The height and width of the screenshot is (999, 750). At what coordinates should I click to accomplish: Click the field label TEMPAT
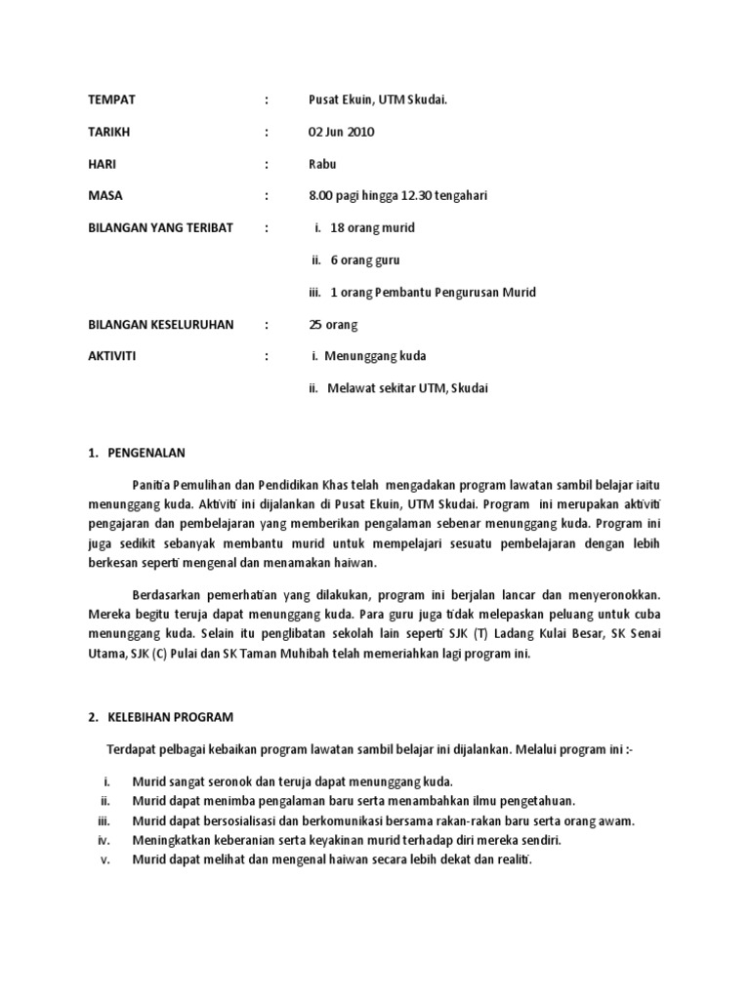[112, 100]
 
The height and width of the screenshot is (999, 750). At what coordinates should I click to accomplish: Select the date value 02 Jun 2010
[341, 132]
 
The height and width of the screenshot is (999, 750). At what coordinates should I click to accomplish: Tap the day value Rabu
[322, 164]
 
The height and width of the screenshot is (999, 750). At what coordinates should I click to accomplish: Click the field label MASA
[106, 196]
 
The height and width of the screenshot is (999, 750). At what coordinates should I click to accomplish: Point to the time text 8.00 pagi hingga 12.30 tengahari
[397, 196]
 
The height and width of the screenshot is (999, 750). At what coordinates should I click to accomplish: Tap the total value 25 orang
[333, 324]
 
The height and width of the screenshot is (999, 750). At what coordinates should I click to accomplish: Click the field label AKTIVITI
[112, 356]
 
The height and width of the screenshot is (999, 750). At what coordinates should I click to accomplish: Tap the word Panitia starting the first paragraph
[153, 486]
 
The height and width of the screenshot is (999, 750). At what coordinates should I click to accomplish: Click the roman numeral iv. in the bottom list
[106, 840]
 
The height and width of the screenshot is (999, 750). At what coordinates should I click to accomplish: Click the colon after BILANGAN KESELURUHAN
[266, 324]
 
